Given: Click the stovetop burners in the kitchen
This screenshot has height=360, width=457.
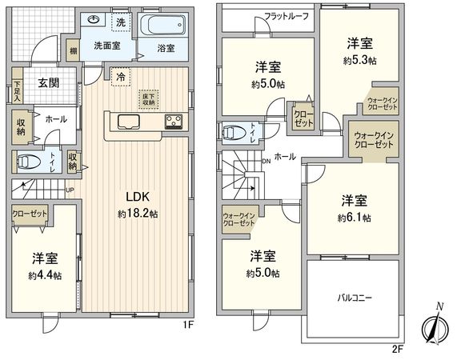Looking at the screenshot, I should tap(174, 122).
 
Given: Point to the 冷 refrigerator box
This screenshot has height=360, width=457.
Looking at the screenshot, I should tap(119, 78).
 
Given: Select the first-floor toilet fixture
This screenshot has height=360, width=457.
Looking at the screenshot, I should tap(30, 161).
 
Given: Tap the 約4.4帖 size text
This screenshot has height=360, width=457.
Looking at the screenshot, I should tap(46, 274).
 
